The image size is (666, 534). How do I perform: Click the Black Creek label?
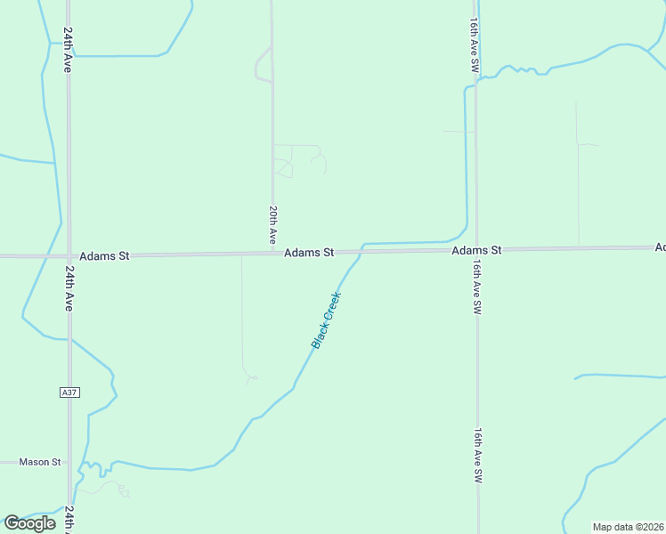point(326,320)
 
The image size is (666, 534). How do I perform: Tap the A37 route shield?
point(69,392)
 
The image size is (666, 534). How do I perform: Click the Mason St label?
point(39,462)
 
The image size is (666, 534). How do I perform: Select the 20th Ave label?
point(272,226)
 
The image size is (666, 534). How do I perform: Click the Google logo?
point(29,523)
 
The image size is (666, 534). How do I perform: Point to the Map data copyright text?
point(628,527)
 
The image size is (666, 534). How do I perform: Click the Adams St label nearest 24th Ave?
point(104,255)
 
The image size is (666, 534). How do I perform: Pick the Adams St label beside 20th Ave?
point(309,253)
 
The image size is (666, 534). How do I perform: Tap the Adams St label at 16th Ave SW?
point(476,251)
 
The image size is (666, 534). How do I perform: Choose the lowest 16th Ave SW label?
point(478,456)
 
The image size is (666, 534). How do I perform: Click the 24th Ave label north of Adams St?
point(68,49)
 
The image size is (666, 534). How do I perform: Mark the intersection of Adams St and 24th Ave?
point(68,255)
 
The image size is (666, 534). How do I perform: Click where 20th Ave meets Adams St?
point(272,254)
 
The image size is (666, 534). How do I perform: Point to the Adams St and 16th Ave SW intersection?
point(476,251)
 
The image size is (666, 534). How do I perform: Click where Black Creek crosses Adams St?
point(361,252)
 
